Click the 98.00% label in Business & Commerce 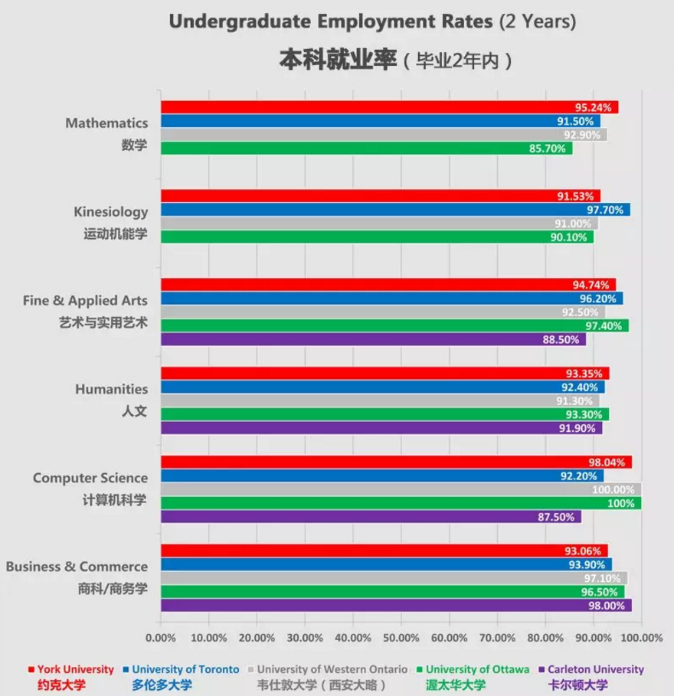click(x=610, y=606)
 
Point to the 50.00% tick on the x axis click(x=401, y=637)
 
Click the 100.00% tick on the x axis click(x=641, y=637)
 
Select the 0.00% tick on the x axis click(x=161, y=637)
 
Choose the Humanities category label click(x=112, y=389)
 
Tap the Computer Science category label click(x=90, y=478)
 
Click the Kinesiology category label click(x=111, y=211)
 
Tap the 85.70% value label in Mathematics click(x=552, y=149)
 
